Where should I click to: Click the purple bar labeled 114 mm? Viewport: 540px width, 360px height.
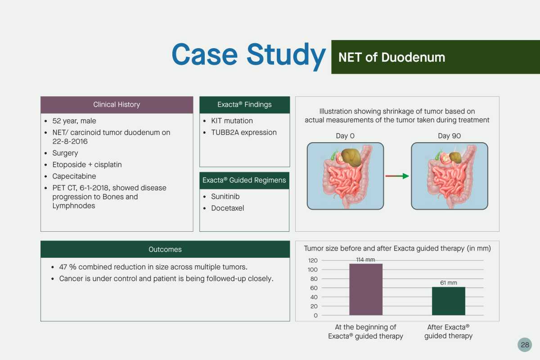(366, 289)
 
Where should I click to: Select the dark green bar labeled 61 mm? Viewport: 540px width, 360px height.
(448, 301)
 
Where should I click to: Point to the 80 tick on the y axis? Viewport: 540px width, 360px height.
(314, 279)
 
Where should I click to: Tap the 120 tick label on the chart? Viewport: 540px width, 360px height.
(313, 261)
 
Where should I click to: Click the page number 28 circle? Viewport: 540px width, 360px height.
(525, 345)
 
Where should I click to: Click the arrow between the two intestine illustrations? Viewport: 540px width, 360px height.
(397, 176)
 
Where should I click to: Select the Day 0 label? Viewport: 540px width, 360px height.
(345, 136)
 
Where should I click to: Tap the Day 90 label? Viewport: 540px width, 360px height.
(450, 136)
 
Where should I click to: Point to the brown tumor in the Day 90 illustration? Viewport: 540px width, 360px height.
(455, 157)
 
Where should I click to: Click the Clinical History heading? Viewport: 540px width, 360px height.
(117, 105)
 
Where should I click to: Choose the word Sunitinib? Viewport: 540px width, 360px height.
(225, 197)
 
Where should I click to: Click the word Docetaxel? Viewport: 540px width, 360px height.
(228, 208)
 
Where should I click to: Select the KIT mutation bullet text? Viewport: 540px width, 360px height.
(232, 121)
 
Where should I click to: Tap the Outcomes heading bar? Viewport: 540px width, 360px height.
(165, 249)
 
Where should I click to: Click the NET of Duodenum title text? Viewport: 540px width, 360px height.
(392, 58)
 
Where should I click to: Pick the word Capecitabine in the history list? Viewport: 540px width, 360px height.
(74, 176)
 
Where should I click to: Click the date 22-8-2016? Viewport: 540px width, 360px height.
(70, 141)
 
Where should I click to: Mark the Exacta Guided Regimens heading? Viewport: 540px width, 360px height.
(244, 180)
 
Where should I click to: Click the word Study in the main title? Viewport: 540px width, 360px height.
(286, 55)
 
